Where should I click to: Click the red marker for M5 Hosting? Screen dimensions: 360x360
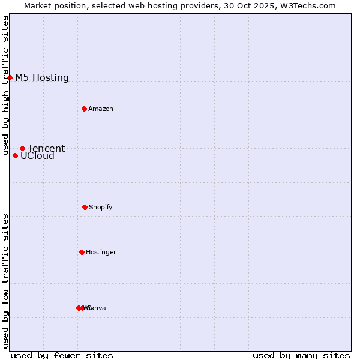pyautogui.click(x=10, y=77)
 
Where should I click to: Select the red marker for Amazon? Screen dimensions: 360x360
pyautogui.click(x=84, y=109)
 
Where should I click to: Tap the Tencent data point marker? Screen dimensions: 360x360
pyautogui.click(x=22, y=148)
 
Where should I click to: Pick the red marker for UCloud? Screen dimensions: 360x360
pyautogui.click(x=15, y=155)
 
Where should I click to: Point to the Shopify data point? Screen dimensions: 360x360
pyautogui.click(x=85, y=207)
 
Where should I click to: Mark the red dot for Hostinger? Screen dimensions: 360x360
pyautogui.click(x=82, y=252)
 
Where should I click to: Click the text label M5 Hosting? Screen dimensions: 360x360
pyautogui.click(x=42, y=77)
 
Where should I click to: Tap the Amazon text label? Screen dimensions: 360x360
pyautogui.click(x=101, y=109)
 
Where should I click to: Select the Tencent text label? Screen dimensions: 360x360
pyautogui.click(x=46, y=148)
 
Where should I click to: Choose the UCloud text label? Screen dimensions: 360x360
pyautogui.click(x=37, y=156)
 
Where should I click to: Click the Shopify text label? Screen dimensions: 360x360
pyautogui.click(x=101, y=207)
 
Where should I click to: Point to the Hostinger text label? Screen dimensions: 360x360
pyautogui.click(x=101, y=252)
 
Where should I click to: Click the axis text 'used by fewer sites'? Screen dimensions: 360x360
pyautogui.click(x=62, y=355)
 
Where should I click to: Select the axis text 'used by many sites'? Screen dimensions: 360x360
pyautogui.click(x=301, y=355)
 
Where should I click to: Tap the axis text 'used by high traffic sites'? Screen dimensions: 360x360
pyautogui.click(x=5, y=86)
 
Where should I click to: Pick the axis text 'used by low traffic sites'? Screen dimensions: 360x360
pyautogui.click(x=5, y=281)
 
